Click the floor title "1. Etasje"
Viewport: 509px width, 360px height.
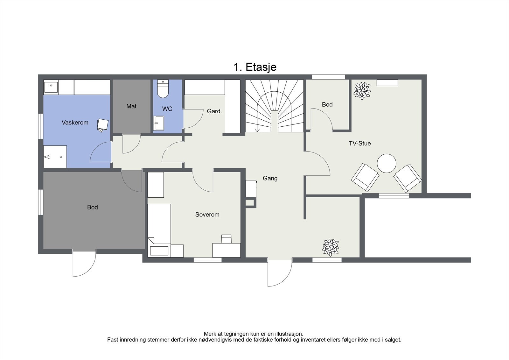click(x=255, y=67)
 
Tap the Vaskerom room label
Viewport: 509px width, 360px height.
click(x=75, y=123)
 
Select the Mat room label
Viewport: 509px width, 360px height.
click(x=131, y=106)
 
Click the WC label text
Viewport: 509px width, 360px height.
click(x=167, y=109)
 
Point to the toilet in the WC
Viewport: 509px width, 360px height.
click(x=163, y=89)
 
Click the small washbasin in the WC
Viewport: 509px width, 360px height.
click(x=159, y=123)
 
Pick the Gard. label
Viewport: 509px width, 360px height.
click(x=214, y=111)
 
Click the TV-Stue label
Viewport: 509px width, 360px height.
click(x=360, y=143)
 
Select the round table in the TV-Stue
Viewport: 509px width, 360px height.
click(x=387, y=163)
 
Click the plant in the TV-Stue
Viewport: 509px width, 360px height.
click(x=362, y=91)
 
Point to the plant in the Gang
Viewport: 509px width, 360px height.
click(x=331, y=247)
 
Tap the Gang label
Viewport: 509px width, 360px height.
click(x=270, y=178)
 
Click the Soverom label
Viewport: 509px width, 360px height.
click(x=207, y=215)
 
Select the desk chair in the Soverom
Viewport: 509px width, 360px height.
click(x=226, y=239)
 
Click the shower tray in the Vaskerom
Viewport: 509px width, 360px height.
click(x=55, y=157)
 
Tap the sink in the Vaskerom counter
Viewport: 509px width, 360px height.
click(x=51, y=87)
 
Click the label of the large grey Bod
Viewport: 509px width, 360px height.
click(x=93, y=207)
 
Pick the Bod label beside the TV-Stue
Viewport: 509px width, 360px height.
click(x=327, y=104)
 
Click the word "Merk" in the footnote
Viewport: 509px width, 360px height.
click(x=210, y=334)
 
